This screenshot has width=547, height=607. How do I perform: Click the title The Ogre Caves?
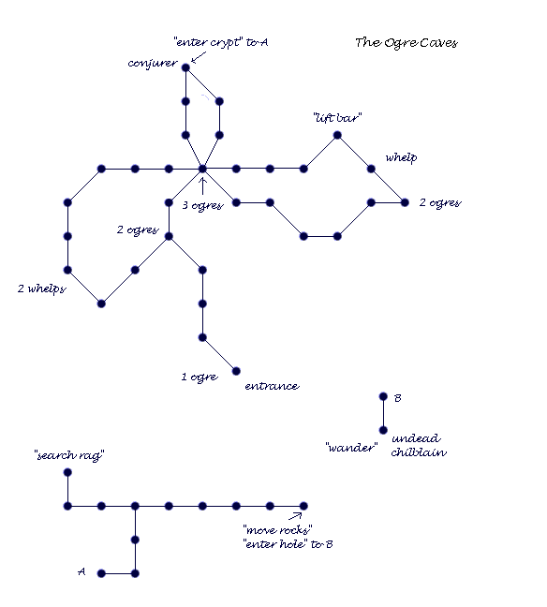[x=407, y=42]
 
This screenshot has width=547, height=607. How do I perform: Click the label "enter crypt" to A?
[x=221, y=42]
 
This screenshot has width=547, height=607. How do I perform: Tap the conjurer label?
[x=153, y=64]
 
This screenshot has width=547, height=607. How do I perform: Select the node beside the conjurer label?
[x=185, y=67]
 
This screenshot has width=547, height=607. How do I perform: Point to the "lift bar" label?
[x=337, y=118]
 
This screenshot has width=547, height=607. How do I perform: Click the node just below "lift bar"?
[x=337, y=135]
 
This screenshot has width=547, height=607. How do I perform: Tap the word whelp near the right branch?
[x=401, y=158]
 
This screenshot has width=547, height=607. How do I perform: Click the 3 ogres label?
[x=203, y=205]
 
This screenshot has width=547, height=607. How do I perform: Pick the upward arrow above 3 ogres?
[x=202, y=186]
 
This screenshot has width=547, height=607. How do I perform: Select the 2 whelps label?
[x=42, y=289]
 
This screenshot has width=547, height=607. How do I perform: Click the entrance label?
[x=273, y=386]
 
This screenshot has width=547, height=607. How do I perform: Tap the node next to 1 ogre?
[x=236, y=371]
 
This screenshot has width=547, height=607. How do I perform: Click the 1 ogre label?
[x=200, y=378]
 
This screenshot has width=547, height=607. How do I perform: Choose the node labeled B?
[x=383, y=396]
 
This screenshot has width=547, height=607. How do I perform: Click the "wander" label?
[x=351, y=448]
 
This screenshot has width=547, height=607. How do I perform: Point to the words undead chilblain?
[x=419, y=445]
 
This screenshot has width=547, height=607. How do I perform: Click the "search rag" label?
[x=69, y=455]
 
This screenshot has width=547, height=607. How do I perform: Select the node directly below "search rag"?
[x=67, y=472]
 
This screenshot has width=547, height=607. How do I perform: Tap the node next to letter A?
[x=101, y=573]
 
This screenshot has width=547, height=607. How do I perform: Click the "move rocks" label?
[x=277, y=529]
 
